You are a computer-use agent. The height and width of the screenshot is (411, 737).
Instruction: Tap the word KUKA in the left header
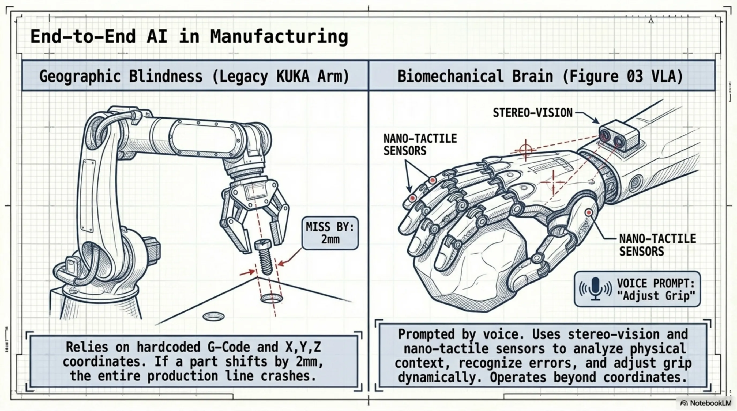(x=293, y=76)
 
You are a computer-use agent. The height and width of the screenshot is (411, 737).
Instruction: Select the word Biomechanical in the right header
(x=450, y=76)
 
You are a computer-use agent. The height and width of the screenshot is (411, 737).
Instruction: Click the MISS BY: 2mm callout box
(x=330, y=233)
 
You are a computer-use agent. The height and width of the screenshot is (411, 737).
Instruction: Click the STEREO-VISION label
(x=532, y=113)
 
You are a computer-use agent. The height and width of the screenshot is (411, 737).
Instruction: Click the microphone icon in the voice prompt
(x=596, y=289)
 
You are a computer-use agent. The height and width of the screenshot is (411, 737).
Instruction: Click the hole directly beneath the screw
(x=272, y=298)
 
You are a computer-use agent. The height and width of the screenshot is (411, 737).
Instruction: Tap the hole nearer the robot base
(x=213, y=316)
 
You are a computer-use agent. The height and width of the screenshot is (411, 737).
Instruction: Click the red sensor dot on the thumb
(x=589, y=213)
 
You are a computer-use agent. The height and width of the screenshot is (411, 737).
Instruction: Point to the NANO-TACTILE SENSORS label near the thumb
(x=657, y=245)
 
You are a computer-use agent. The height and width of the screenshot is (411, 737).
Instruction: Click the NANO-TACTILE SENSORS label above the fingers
(x=420, y=144)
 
